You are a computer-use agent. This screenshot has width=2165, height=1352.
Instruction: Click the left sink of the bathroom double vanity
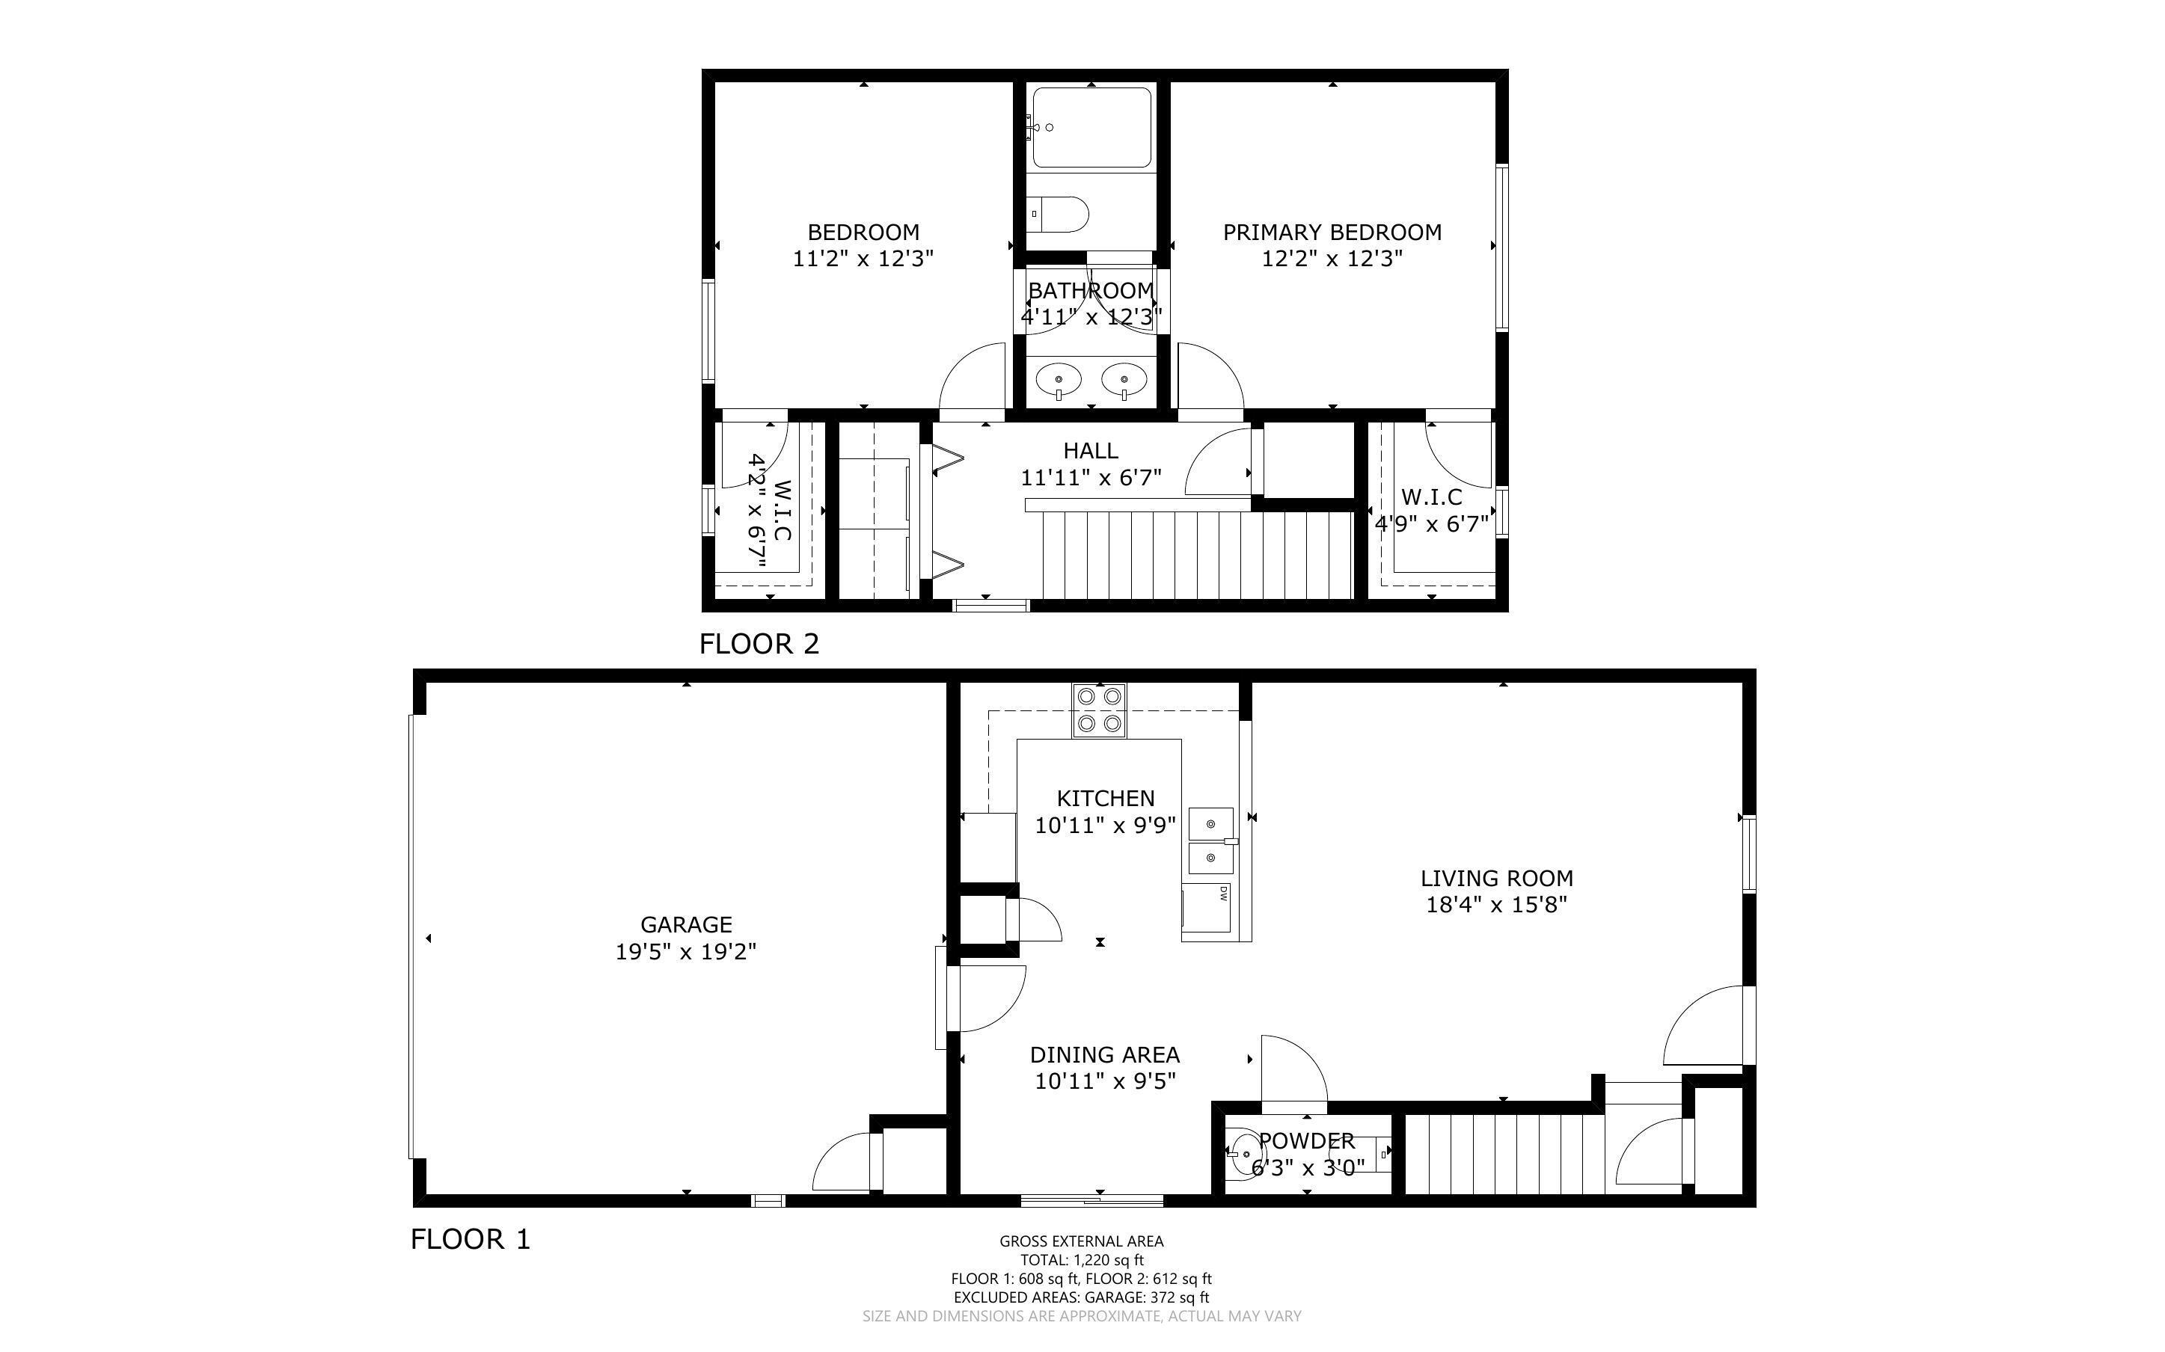click(1059, 381)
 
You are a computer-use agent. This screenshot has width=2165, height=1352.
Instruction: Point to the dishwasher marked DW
click(1207, 908)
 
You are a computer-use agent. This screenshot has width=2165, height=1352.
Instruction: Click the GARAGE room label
click(686, 924)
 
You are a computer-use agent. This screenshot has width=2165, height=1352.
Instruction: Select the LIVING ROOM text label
click(1497, 878)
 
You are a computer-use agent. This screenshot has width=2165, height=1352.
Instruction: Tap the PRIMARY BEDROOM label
click(1332, 233)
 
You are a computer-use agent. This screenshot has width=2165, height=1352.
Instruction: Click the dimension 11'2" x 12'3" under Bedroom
click(863, 259)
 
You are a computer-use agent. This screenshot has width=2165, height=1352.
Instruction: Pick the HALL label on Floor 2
click(1091, 451)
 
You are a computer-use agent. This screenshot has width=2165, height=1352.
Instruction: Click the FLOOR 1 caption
click(471, 1239)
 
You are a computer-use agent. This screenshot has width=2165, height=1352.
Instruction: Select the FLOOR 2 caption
click(759, 644)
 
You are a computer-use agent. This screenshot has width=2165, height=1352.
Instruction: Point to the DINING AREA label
click(1105, 1055)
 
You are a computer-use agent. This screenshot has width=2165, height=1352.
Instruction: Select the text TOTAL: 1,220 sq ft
click(1082, 1260)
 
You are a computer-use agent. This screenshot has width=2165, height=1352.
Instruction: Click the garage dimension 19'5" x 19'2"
click(686, 952)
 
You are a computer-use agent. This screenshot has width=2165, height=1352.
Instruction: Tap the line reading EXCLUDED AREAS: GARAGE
click(1082, 1297)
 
